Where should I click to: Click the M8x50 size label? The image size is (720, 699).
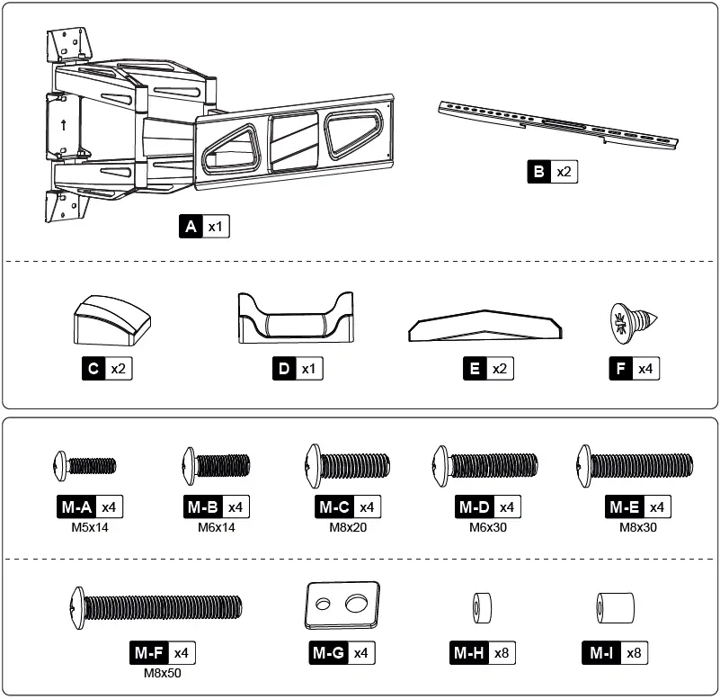point(163,671)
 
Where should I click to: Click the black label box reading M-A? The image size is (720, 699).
point(76,507)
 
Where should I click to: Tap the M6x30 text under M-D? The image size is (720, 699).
point(488,526)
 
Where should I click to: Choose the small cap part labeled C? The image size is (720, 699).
point(111,319)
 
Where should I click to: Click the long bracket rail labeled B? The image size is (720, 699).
point(556,125)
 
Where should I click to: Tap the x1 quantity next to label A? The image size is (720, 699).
point(216,228)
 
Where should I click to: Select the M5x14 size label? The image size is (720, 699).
point(89,526)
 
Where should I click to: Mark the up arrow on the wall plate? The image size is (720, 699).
point(63,126)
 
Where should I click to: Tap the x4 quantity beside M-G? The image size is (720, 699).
point(360,653)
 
